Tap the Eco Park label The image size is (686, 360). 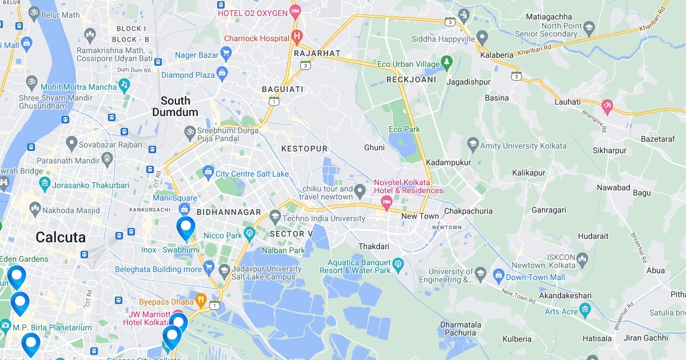404,130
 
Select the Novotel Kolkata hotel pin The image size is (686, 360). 386,201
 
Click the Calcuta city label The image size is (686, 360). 61,237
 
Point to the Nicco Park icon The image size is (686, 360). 249,233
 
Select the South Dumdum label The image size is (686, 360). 175,106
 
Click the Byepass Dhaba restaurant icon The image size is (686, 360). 201,299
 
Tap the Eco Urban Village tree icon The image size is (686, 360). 446,62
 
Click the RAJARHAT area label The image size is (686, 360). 317,53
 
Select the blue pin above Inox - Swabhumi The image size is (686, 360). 186,227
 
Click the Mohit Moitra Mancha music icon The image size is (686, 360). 124,85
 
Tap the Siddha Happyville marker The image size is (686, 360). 482,38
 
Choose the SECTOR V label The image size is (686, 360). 291,234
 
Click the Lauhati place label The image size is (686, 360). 567,102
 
